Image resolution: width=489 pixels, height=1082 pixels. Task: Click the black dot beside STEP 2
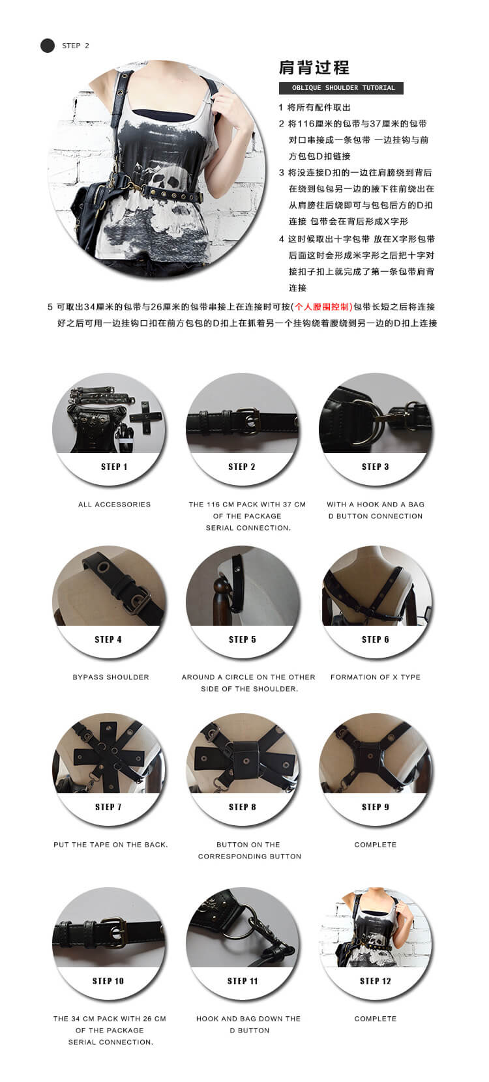pyautogui.click(x=48, y=46)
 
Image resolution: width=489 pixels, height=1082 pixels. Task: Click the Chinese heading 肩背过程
pyautogui.click(x=314, y=68)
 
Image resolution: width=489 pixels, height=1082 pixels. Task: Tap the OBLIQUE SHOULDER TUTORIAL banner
pyautogui.click(x=340, y=88)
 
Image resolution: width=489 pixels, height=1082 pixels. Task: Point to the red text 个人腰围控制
pyautogui.click(x=323, y=307)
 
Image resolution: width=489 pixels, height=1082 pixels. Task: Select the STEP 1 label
pyautogui.click(x=114, y=467)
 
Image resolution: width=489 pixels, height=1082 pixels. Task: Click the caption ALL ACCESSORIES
pyautogui.click(x=115, y=504)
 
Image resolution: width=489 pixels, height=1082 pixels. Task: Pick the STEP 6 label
pyautogui.click(x=375, y=639)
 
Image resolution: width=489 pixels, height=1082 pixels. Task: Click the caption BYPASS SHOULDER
pyautogui.click(x=111, y=677)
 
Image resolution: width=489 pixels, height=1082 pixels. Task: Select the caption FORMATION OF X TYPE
pyautogui.click(x=376, y=677)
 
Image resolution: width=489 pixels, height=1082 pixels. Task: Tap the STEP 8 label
pyautogui.click(x=242, y=807)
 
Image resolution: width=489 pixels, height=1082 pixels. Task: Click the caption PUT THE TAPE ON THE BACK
pyautogui.click(x=111, y=845)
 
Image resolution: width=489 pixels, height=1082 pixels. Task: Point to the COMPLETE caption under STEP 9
pyautogui.click(x=376, y=845)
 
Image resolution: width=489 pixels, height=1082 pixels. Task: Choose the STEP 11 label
pyautogui.click(x=243, y=981)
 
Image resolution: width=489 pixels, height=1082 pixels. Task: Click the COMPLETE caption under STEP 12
pyautogui.click(x=376, y=1019)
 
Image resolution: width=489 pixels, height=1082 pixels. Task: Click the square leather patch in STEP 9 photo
pyautogui.click(x=372, y=755)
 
